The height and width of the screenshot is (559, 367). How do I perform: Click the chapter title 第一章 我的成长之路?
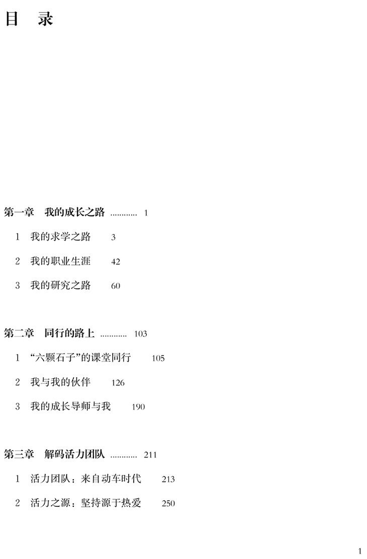(x=54, y=212)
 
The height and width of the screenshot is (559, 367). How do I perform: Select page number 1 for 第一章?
(x=146, y=213)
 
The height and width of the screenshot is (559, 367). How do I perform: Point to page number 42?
(x=116, y=262)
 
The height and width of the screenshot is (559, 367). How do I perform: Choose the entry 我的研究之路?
(x=60, y=285)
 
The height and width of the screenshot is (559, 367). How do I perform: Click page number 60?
(x=116, y=286)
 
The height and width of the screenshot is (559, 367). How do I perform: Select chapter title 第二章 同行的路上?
(x=50, y=333)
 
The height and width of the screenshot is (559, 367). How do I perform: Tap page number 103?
(x=141, y=333)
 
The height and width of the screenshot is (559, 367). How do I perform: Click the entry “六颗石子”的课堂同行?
(x=80, y=358)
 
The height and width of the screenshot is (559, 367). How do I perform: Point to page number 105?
(x=158, y=358)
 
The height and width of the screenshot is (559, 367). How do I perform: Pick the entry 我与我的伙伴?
(x=60, y=382)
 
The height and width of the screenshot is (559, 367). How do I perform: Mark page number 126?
(x=118, y=383)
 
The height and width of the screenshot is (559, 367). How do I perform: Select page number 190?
(x=138, y=407)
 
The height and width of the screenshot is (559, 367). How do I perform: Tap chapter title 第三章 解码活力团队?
(x=54, y=455)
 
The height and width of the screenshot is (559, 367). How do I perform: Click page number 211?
(x=150, y=455)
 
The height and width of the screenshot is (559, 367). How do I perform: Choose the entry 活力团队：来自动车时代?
(x=85, y=479)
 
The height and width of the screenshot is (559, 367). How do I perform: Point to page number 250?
(x=168, y=503)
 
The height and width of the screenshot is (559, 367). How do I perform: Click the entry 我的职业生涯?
(x=60, y=261)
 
